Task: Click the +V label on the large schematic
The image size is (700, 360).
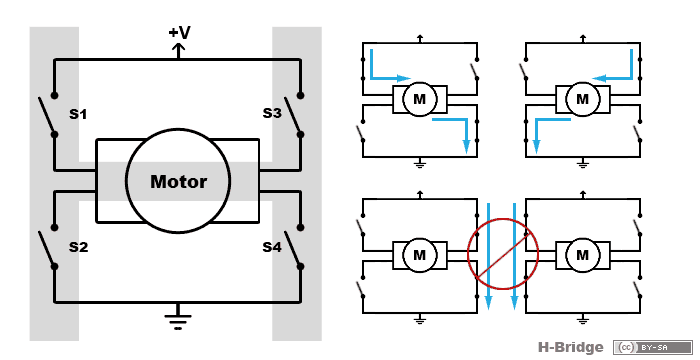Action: coord(179,33)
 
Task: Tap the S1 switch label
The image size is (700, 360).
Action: coord(78,114)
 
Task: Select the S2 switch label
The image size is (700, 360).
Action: coord(78,247)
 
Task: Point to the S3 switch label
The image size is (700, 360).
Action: coord(272,113)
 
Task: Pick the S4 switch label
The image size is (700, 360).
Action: coord(272,247)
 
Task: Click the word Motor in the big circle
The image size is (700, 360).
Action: coord(179,182)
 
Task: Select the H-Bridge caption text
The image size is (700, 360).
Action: coord(570,347)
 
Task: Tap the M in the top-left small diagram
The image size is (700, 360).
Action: coord(420,99)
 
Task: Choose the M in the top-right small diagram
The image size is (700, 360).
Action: coord(583,99)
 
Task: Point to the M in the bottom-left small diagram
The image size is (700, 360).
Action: coord(420,255)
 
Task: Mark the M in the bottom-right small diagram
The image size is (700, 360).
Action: coord(583,255)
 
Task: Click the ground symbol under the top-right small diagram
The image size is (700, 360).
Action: coord(583,163)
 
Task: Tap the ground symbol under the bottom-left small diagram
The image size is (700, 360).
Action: coord(420,319)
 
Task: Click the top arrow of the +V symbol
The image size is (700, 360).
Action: coord(179,46)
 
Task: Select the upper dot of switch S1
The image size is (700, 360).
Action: coord(54,95)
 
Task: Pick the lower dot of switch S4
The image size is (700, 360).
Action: coord(300,267)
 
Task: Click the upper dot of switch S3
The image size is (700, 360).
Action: coord(300,95)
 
